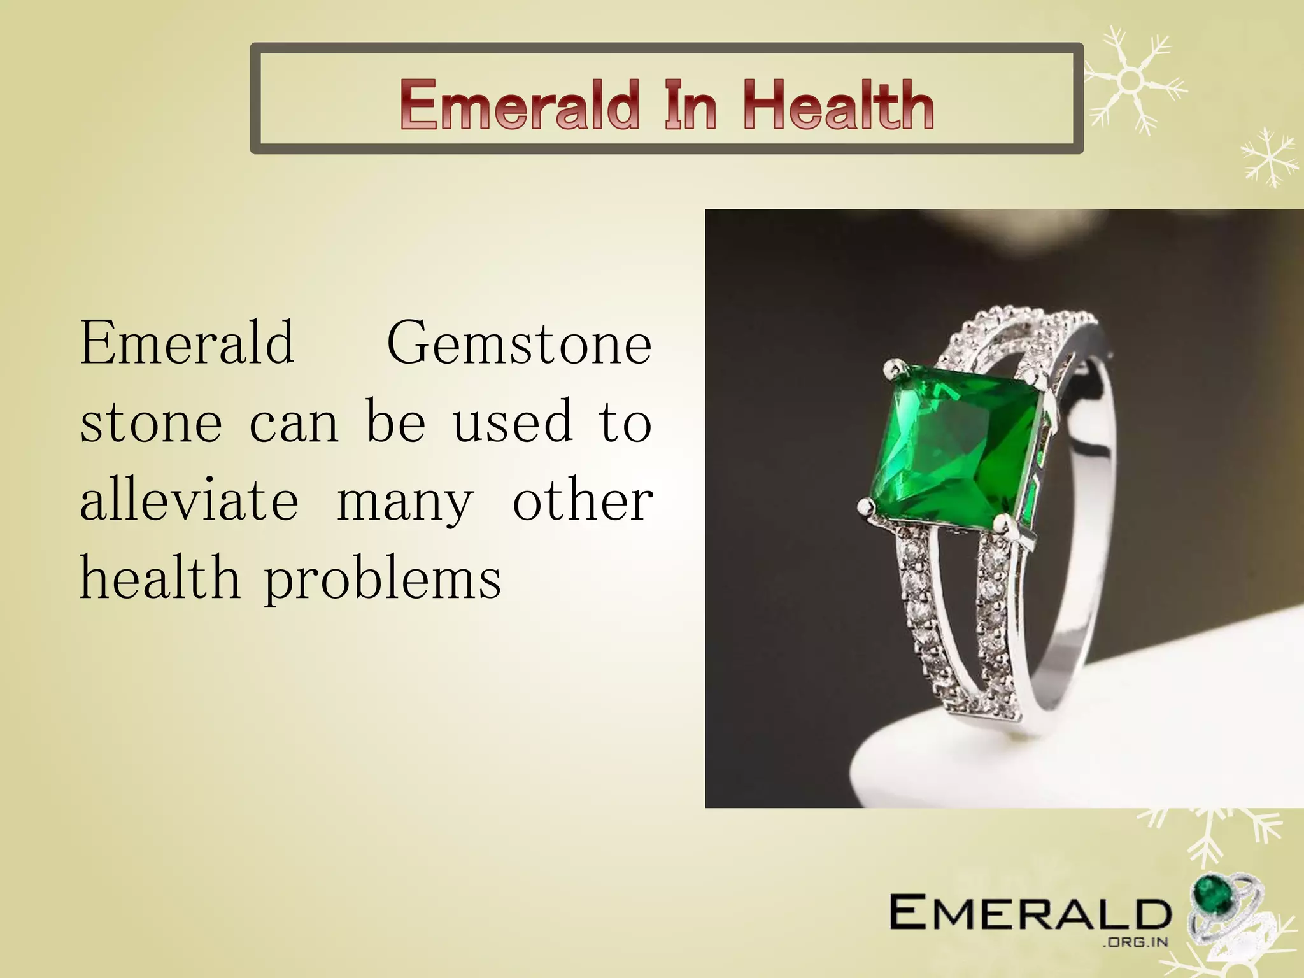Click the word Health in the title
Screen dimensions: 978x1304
click(x=838, y=105)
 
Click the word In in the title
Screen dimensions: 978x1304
click(x=691, y=105)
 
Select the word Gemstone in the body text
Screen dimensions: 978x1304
click(x=519, y=344)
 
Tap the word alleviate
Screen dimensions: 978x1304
click(x=189, y=500)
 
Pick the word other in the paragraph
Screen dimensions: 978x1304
click(x=583, y=500)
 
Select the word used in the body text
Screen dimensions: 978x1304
click(x=513, y=422)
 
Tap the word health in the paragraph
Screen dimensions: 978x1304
click(x=160, y=578)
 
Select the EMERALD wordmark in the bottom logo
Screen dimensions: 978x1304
click(x=1030, y=912)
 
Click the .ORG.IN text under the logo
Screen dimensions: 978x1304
click(x=1135, y=942)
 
